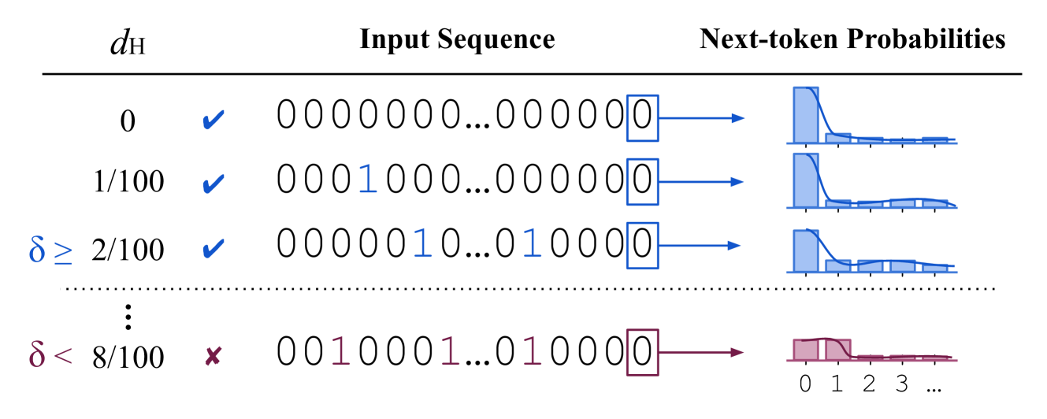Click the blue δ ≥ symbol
[x=50, y=250]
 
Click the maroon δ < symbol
[x=50, y=354]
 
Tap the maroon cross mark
[x=213, y=356]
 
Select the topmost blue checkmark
[x=213, y=121]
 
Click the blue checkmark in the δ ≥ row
[x=213, y=249]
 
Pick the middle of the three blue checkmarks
[x=213, y=184]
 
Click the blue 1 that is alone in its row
[x=367, y=180]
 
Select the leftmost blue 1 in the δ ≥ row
[x=422, y=244]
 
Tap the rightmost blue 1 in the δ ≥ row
[x=532, y=244]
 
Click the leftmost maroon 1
[x=340, y=351]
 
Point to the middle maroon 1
[x=449, y=351]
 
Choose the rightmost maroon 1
[x=532, y=351]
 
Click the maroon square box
[x=642, y=352]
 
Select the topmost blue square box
[x=642, y=118]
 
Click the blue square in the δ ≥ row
[x=642, y=246]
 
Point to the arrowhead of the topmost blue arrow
[x=738, y=118]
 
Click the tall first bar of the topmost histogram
[x=805, y=115]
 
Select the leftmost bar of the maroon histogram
[x=805, y=350]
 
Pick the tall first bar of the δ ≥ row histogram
[x=805, y=251]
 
